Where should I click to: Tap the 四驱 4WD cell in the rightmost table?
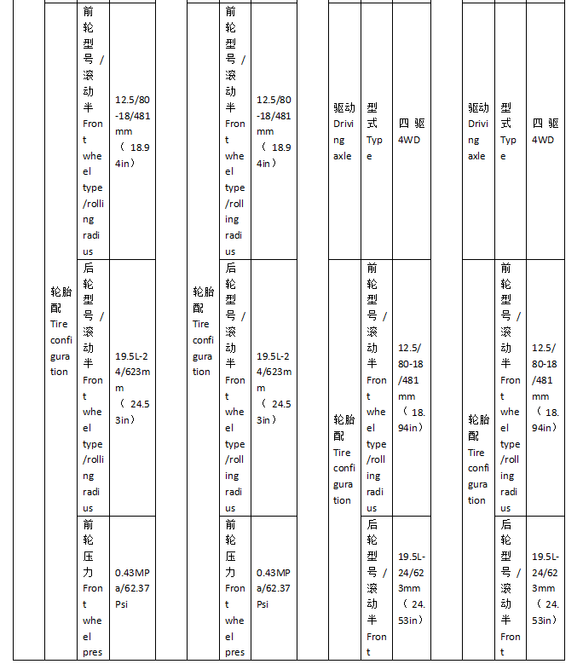pyautogui.click(x=545, y=131)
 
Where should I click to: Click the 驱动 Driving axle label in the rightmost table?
pyautogui.click(x=478, y=131)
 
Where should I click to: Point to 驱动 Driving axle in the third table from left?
pyautogui.click(x=343, y=131)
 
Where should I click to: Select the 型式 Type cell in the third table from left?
pyautogui.click(x=375, y=131)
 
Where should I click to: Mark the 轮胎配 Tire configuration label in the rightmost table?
pyautogui.click(x=478, y=459)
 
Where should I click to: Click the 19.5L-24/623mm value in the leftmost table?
pyautogui.click(x=132, y=388)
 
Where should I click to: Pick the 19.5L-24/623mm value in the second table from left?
pyautogui.click(x=274, y=388)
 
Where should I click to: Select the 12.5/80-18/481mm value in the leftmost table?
pyautogui.click(x=132, y=131)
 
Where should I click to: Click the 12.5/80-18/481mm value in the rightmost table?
pyautogui.click(x=545, y=388)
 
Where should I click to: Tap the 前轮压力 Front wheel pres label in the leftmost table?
pyautogui.click(x=93, y=588)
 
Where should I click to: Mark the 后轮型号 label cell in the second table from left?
pyautogui.click(x=234, y=388)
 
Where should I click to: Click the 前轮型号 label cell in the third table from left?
pyautogui.click(x=375, y=388)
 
